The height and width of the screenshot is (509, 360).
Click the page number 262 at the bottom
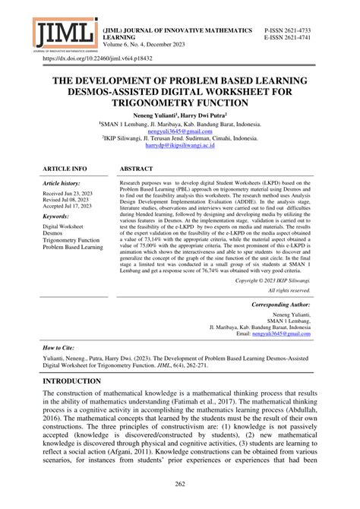click(179, 484)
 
